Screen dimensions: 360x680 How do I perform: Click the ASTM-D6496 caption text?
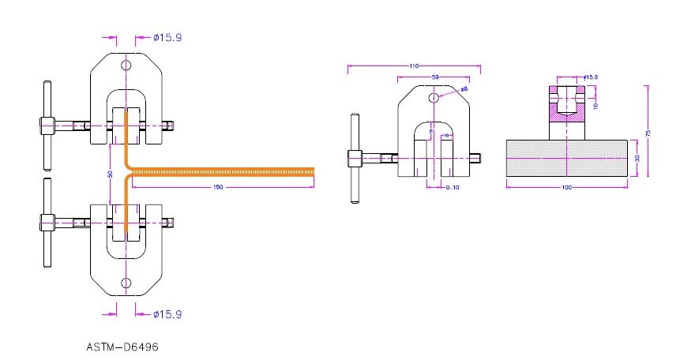(126, 346)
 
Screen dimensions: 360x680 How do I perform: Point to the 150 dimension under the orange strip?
(218, 187)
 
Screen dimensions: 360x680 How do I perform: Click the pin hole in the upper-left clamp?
(126, 66)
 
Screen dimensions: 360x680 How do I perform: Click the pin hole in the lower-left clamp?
(126, 283)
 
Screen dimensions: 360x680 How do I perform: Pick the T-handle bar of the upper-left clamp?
(47, 125)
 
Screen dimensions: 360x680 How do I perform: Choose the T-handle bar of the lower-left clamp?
(47, 223)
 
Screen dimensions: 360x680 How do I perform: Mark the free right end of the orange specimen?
(313, 172)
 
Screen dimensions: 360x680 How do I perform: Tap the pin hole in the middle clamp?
(434, 98)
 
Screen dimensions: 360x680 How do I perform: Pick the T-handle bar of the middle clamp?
(353, 159)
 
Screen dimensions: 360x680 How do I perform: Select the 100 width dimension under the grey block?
(566, 188)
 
